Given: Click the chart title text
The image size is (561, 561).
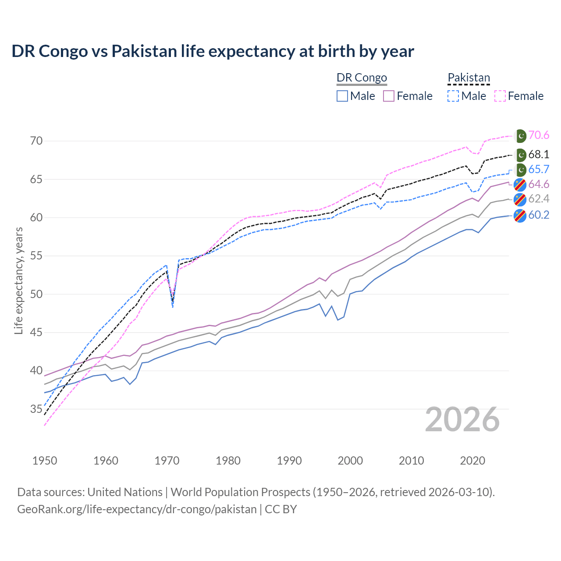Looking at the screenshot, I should coord(213,51).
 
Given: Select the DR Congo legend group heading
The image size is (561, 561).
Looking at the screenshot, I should coord(362,78).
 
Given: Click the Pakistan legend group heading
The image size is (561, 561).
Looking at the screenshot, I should coord(469,78).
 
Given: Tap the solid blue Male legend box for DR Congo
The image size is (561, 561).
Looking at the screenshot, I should coord(342,96).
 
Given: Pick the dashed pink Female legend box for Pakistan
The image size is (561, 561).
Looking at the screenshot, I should coord(500,96).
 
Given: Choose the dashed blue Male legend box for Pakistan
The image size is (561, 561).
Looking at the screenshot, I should coord(453,96).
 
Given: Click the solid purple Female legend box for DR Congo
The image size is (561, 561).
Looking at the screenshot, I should coord(389,96).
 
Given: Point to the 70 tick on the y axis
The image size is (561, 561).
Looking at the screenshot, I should coord(36,141).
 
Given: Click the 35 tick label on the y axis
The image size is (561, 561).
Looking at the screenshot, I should coord(36,409).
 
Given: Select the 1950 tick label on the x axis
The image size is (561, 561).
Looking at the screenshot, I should coord(45,461).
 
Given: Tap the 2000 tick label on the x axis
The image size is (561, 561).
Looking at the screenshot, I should coord(350,461).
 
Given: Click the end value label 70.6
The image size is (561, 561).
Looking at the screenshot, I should coord(539,135).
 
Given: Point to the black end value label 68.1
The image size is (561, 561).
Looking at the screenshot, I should coord(539,155).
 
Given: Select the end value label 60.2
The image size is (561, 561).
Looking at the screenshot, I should coord(539,215).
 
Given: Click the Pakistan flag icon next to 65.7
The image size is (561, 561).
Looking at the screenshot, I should coord(520,170).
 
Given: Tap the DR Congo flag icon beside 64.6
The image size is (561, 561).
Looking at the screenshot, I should coord(520,185).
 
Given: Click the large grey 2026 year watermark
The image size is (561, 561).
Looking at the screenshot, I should coord(462,419).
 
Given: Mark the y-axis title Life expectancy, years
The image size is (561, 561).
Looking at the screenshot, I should coord(19,280).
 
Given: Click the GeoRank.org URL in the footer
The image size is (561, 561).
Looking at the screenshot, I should coord(137,509).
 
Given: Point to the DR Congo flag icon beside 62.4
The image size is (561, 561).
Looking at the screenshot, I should coord(520,199).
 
